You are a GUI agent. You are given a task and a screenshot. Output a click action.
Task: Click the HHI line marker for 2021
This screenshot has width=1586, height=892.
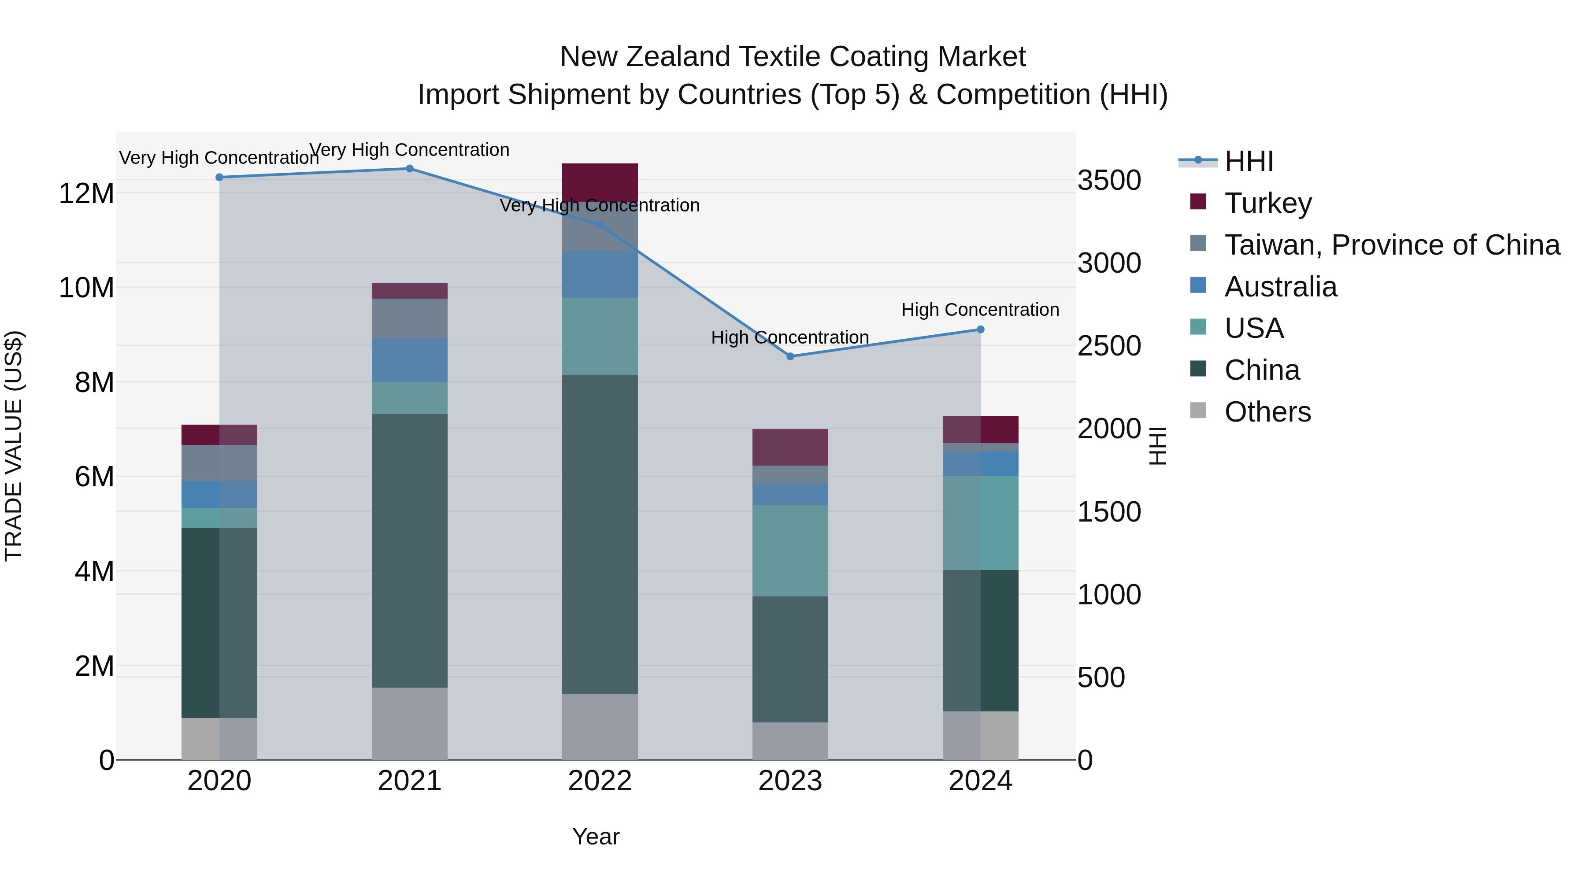tap(409, 169)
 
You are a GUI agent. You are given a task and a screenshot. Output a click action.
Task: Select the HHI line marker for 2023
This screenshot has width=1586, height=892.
tap(790, 356)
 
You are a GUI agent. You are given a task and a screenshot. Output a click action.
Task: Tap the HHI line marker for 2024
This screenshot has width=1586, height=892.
tap(981, 330)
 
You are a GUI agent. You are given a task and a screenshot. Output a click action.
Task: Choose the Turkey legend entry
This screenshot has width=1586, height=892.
tap(1268, 203)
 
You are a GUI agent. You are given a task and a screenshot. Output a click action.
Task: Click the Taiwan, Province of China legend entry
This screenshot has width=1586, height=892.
tap(1391, 245)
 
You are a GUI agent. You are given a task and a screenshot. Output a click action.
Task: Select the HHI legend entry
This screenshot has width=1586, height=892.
tap(1249, 161)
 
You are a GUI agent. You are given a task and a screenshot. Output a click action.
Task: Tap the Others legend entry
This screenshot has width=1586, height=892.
tap(1267, 412)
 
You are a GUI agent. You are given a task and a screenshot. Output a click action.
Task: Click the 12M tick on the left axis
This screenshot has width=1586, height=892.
tap(86, 194)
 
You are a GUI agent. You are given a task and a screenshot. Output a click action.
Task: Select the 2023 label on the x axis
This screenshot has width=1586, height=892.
tap(790, 781)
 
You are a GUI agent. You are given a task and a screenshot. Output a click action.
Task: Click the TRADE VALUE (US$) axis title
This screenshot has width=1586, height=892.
tap(14, 446)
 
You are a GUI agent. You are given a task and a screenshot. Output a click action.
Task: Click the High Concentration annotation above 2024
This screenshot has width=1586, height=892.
tap(980, 310)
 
